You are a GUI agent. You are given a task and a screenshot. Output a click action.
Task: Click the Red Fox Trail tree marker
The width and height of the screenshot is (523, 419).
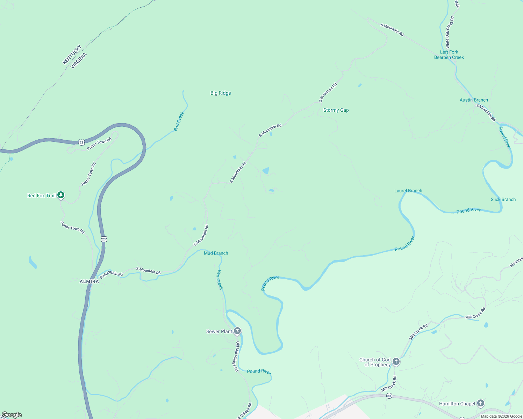click(61, 195)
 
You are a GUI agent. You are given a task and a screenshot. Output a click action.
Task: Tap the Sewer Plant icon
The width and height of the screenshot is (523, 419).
click(237, 331)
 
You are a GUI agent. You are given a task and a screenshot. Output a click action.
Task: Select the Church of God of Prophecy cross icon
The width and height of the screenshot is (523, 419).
click(396, 361)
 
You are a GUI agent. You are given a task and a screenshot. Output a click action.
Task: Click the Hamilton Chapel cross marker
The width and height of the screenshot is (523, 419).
click(481, 403)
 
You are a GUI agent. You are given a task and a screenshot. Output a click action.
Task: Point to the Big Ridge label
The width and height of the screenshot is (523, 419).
click(221, 93)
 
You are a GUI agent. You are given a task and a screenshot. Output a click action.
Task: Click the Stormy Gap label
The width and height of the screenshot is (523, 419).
click(336, 110)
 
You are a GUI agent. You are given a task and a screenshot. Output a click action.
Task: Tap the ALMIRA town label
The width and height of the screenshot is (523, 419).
click(89, 281)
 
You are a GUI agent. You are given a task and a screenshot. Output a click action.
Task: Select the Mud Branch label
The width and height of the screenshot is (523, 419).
click(216, 253)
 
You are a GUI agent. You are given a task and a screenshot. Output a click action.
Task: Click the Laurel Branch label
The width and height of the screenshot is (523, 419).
click(408, 191)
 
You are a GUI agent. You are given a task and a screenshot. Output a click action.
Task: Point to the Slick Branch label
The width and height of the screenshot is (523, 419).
click(503, 199)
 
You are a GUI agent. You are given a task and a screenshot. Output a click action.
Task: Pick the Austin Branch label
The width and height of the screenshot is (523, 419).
click(474, 100)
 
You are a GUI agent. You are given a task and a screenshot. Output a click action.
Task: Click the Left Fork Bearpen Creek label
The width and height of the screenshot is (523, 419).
click(449, 55)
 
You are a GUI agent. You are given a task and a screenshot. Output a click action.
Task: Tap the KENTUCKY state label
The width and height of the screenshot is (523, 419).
click(72, 54)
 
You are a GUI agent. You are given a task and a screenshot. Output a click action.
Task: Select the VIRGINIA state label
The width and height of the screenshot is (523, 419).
click(79, 60)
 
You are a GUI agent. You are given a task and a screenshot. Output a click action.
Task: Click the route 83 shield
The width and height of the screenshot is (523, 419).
click(389, 396)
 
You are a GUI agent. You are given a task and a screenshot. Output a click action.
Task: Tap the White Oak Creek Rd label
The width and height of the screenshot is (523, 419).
click(449, 32)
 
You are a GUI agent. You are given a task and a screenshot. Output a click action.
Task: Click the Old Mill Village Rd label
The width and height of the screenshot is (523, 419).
click(237, 356)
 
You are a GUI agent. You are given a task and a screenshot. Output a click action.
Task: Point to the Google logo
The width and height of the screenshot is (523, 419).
click(11, 415)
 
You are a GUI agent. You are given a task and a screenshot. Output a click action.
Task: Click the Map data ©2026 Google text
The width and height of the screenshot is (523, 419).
click(501, 416)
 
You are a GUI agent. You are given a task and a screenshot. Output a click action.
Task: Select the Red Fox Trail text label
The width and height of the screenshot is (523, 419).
click(41, 196)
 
